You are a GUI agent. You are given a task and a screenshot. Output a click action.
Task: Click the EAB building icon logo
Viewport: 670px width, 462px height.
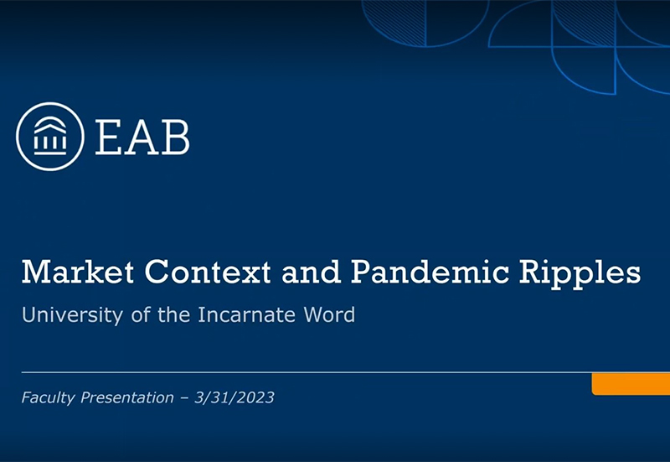pos(49,137)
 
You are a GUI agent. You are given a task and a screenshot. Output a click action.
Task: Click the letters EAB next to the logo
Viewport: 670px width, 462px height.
pos(142,137)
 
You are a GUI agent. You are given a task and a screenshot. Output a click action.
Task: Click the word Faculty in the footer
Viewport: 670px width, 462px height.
pos(49,397)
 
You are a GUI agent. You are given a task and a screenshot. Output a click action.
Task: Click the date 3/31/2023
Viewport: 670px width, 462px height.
pos(234,397)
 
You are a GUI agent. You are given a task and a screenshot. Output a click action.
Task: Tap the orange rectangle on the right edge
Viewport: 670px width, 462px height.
pos(631,383)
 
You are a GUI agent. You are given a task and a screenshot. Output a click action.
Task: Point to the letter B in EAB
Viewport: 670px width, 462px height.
pos(175,137)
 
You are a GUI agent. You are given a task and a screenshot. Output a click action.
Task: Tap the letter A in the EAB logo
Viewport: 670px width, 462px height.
pos(142,137)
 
